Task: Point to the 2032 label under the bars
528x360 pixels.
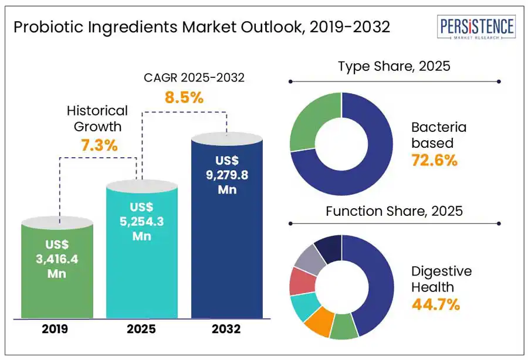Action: (x=226, y=328)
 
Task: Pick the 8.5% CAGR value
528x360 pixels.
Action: (x=184, y=98)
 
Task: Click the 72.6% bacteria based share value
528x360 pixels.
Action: (x=434, y=160)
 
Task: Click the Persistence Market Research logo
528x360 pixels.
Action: (x=478, y=28)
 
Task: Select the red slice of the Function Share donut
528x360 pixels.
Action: (x=300, y=283)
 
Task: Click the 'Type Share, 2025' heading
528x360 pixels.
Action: (x=394, y=66)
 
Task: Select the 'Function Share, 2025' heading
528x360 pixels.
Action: (x=394, y=210)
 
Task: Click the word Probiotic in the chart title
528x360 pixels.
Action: (x=48, y=28)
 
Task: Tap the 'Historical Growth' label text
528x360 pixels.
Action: (x=97, y=118)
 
